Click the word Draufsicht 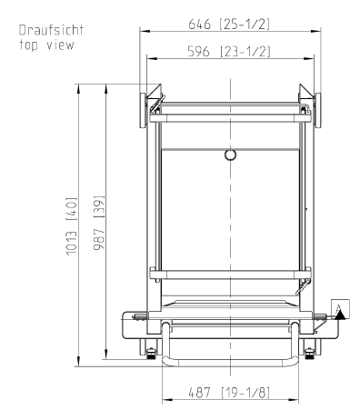[x=51, y=30]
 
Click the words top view [x=46, y=45]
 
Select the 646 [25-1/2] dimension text [x=229, y=24]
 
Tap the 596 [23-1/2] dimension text [x=229, y=51]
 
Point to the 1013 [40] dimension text [x=72, y=226]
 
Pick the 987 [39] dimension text [x=99, y=223]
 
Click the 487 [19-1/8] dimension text [x=229, y=393]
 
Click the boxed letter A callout [x=340, y=309]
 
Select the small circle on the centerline [x=230, y=155]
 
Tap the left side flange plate [x=143, y=110]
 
